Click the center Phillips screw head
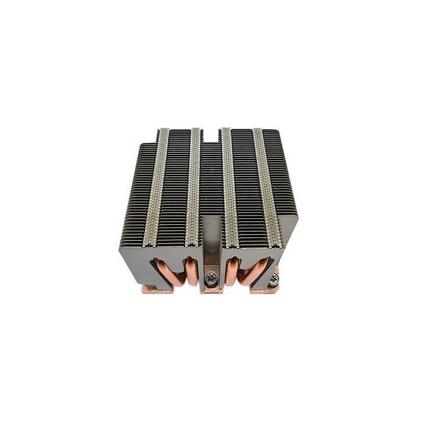211,276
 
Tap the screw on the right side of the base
274,279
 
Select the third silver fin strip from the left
227,185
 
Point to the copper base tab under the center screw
211,289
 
